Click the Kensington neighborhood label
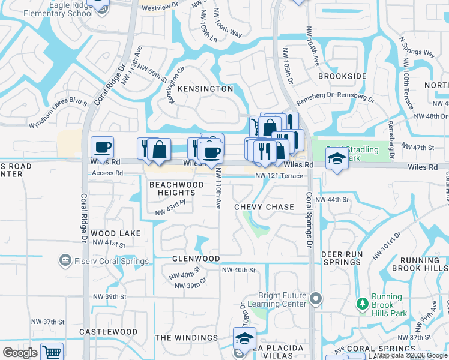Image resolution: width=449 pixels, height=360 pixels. click(x=205, y=89)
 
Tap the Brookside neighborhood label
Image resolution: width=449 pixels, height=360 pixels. click(x=342, y=77)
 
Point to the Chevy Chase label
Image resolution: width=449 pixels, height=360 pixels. click(x=264, y=207)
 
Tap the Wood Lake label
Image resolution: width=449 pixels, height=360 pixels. click(x=117, y=233)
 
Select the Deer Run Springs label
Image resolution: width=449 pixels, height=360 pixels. click(x=342, y=259)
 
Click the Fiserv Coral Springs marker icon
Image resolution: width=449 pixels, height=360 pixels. click(x=64, y=260)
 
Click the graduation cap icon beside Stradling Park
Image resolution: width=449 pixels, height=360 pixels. click(x=337, y=159)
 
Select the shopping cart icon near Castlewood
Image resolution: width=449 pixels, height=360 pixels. click(x=52, y=353)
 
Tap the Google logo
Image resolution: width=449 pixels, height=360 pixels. click(x=20, y=353)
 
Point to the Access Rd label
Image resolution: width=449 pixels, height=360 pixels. click(x=107, y=173)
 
